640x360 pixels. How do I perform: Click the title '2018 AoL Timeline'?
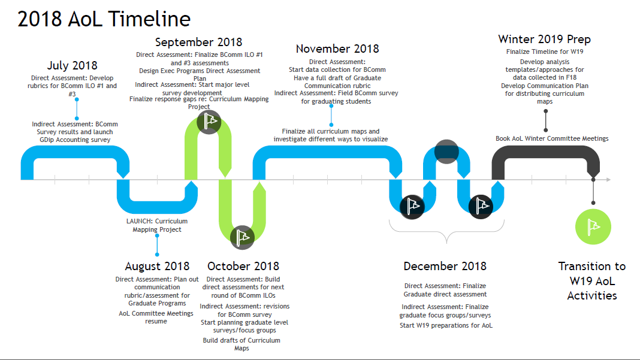[x=104, y=19]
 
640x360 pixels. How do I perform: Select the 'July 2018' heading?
[x=72, y=65]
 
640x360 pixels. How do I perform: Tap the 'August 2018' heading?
[x=157, y=266]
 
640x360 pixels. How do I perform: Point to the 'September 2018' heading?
[x=198, y=42]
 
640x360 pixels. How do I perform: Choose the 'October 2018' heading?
[x=243, y=266]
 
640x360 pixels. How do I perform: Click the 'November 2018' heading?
[x=337, y=49]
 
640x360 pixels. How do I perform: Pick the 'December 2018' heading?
[x=445, y=266]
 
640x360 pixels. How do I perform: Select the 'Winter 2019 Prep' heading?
[x=544, y=39]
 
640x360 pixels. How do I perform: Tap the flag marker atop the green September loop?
[x=209, y=122]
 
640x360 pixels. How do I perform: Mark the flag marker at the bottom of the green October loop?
[x=242, y=237]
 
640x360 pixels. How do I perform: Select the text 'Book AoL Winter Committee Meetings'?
[x=552, y=138]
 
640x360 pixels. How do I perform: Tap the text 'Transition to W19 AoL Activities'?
[x=591, y=280]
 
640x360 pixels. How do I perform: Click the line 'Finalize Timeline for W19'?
[x=544, y=52]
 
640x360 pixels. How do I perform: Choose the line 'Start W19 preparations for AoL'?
[x=446, y=325]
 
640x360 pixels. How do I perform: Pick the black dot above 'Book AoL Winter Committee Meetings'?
[x=545, y=129]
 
